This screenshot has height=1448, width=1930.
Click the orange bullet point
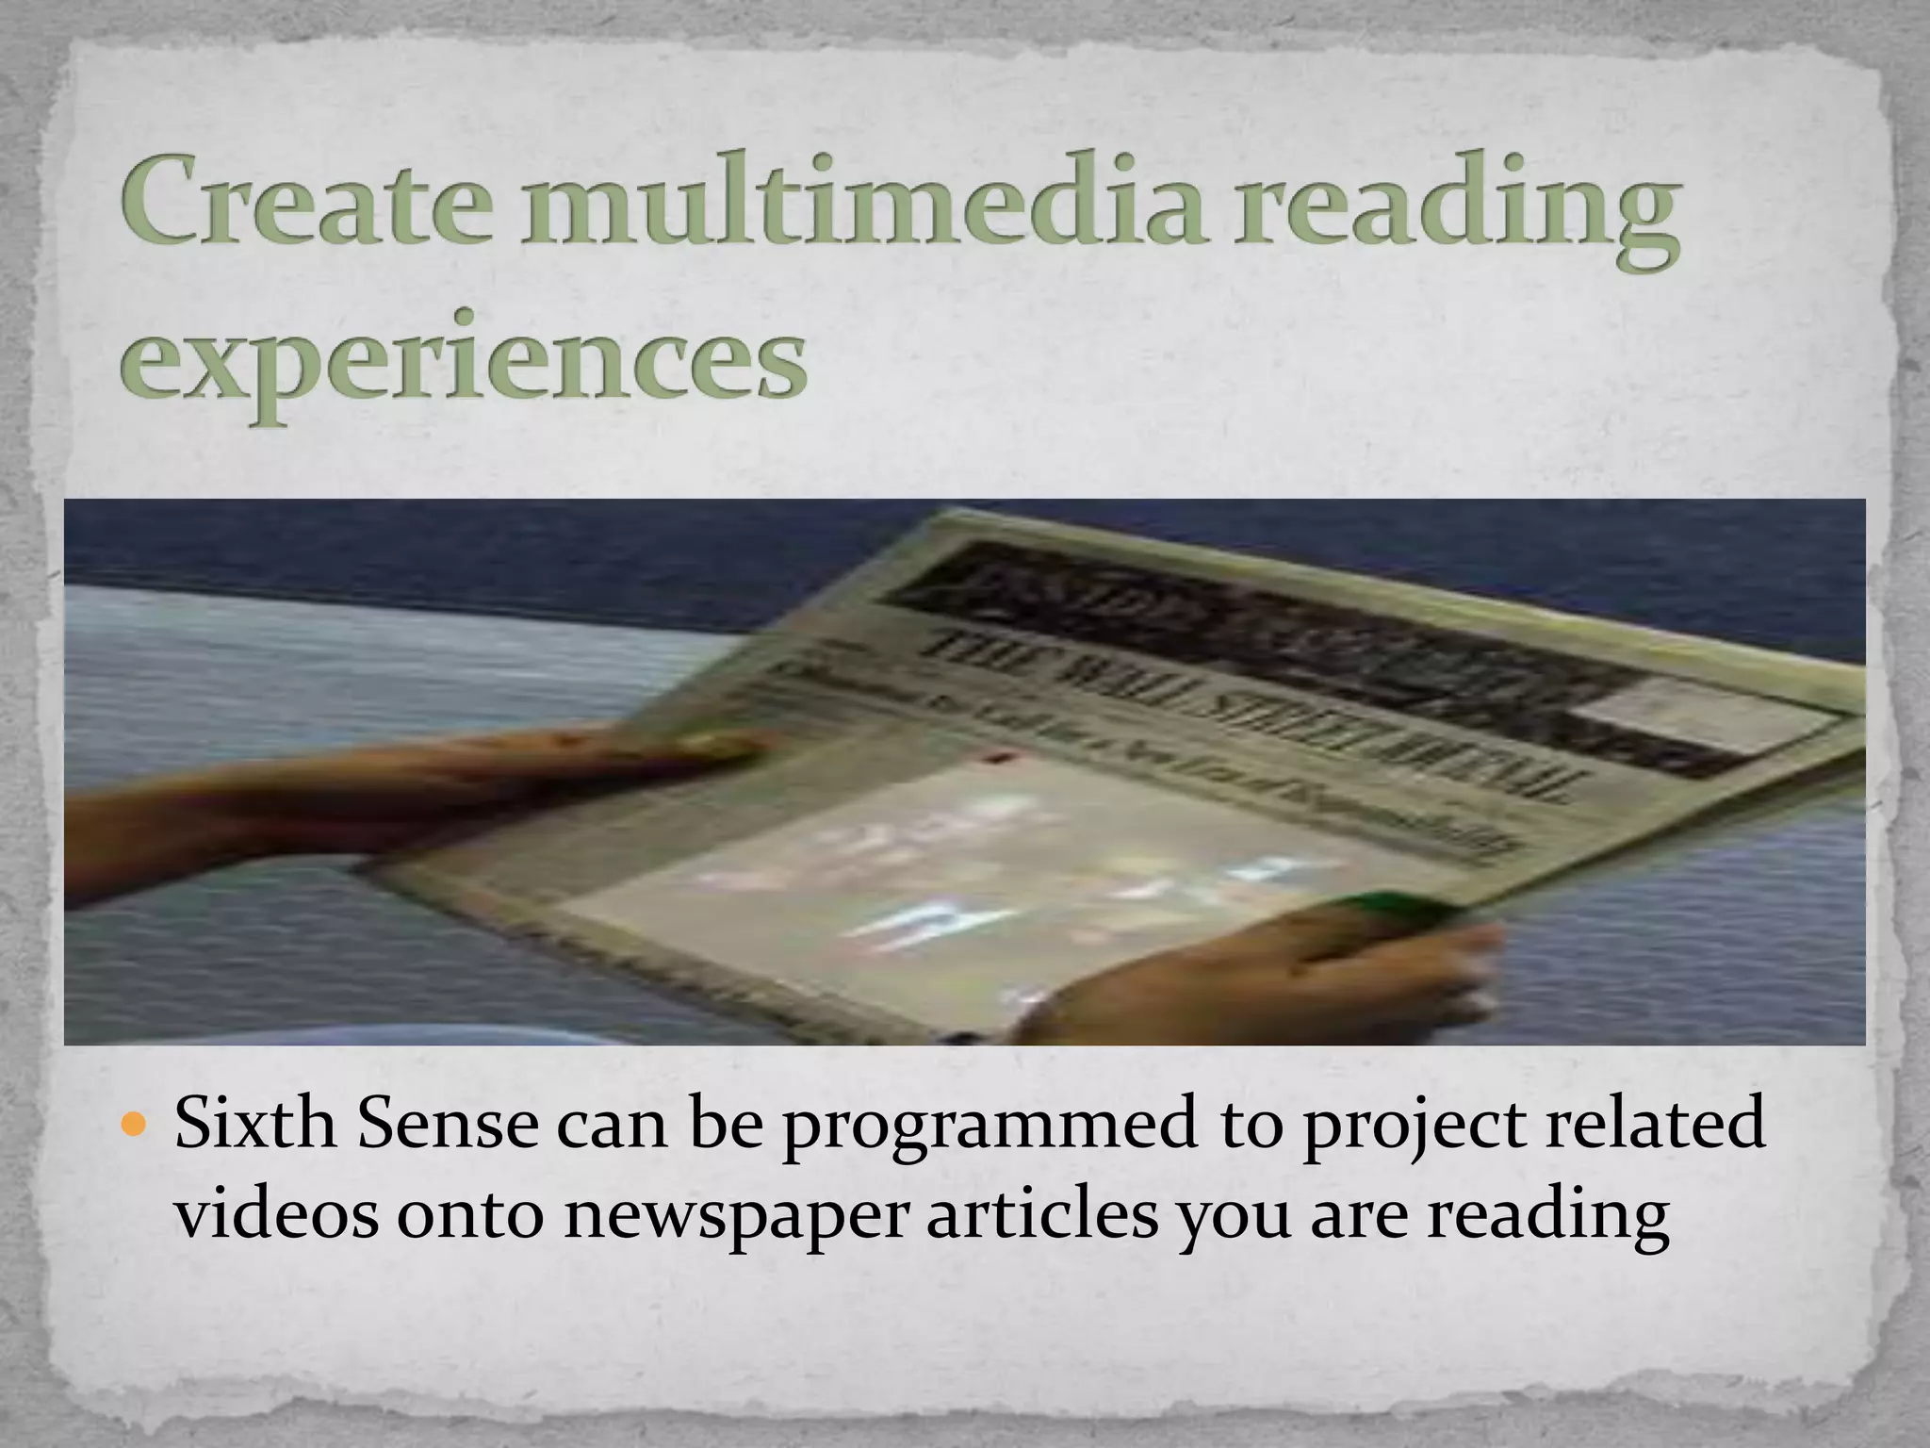coord(136,1126)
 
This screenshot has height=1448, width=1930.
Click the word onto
coord(469,1216)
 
